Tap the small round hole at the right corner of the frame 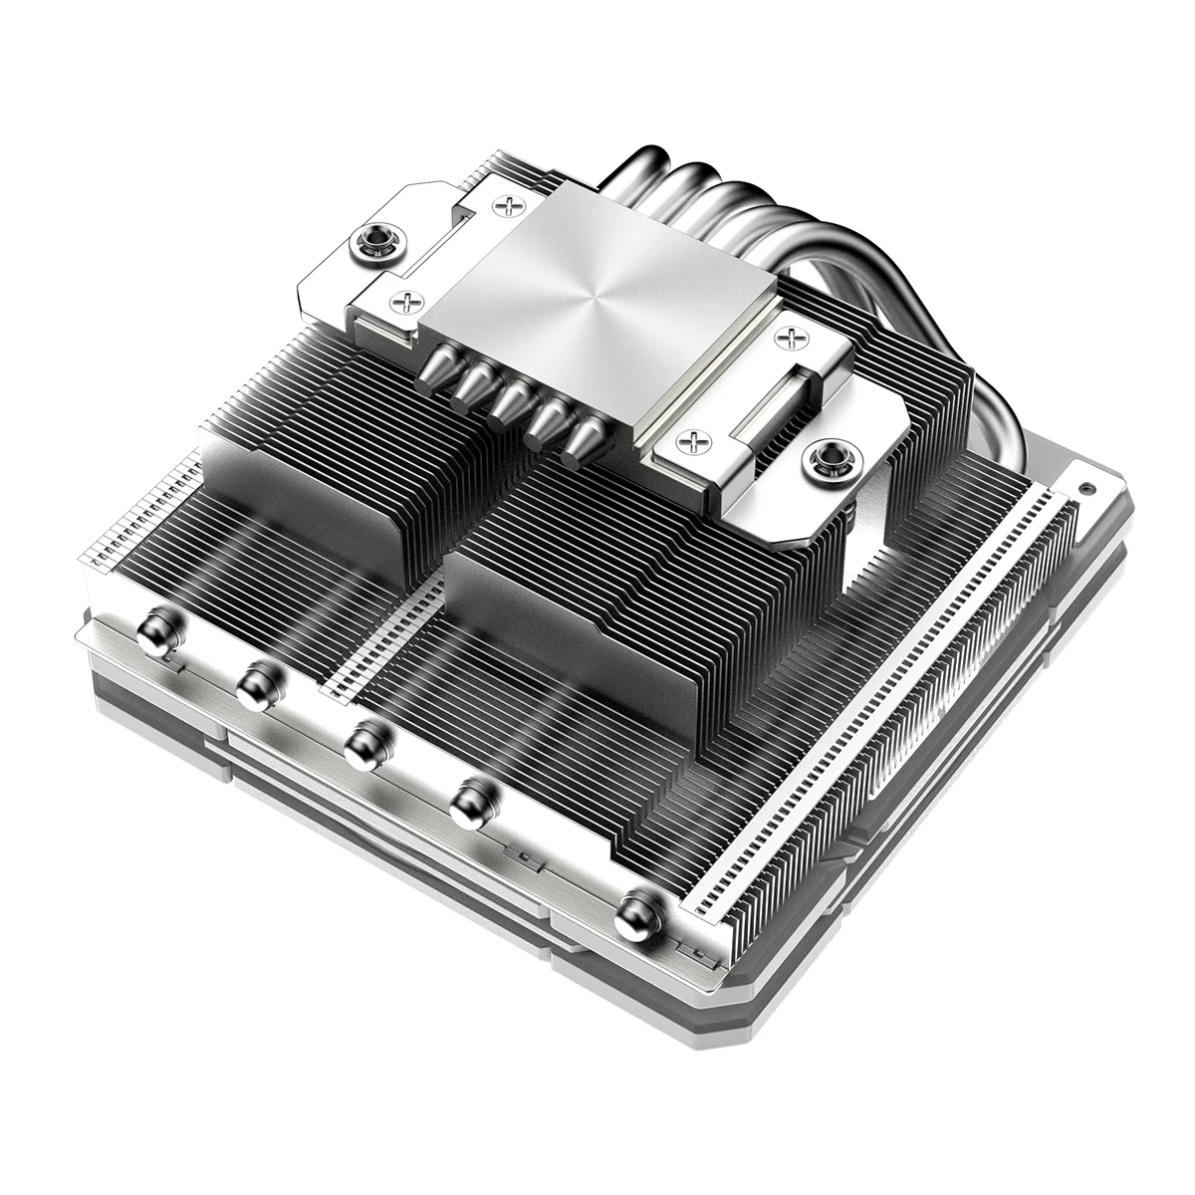[x=1082, y=491]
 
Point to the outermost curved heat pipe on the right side [x=946, y=329]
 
